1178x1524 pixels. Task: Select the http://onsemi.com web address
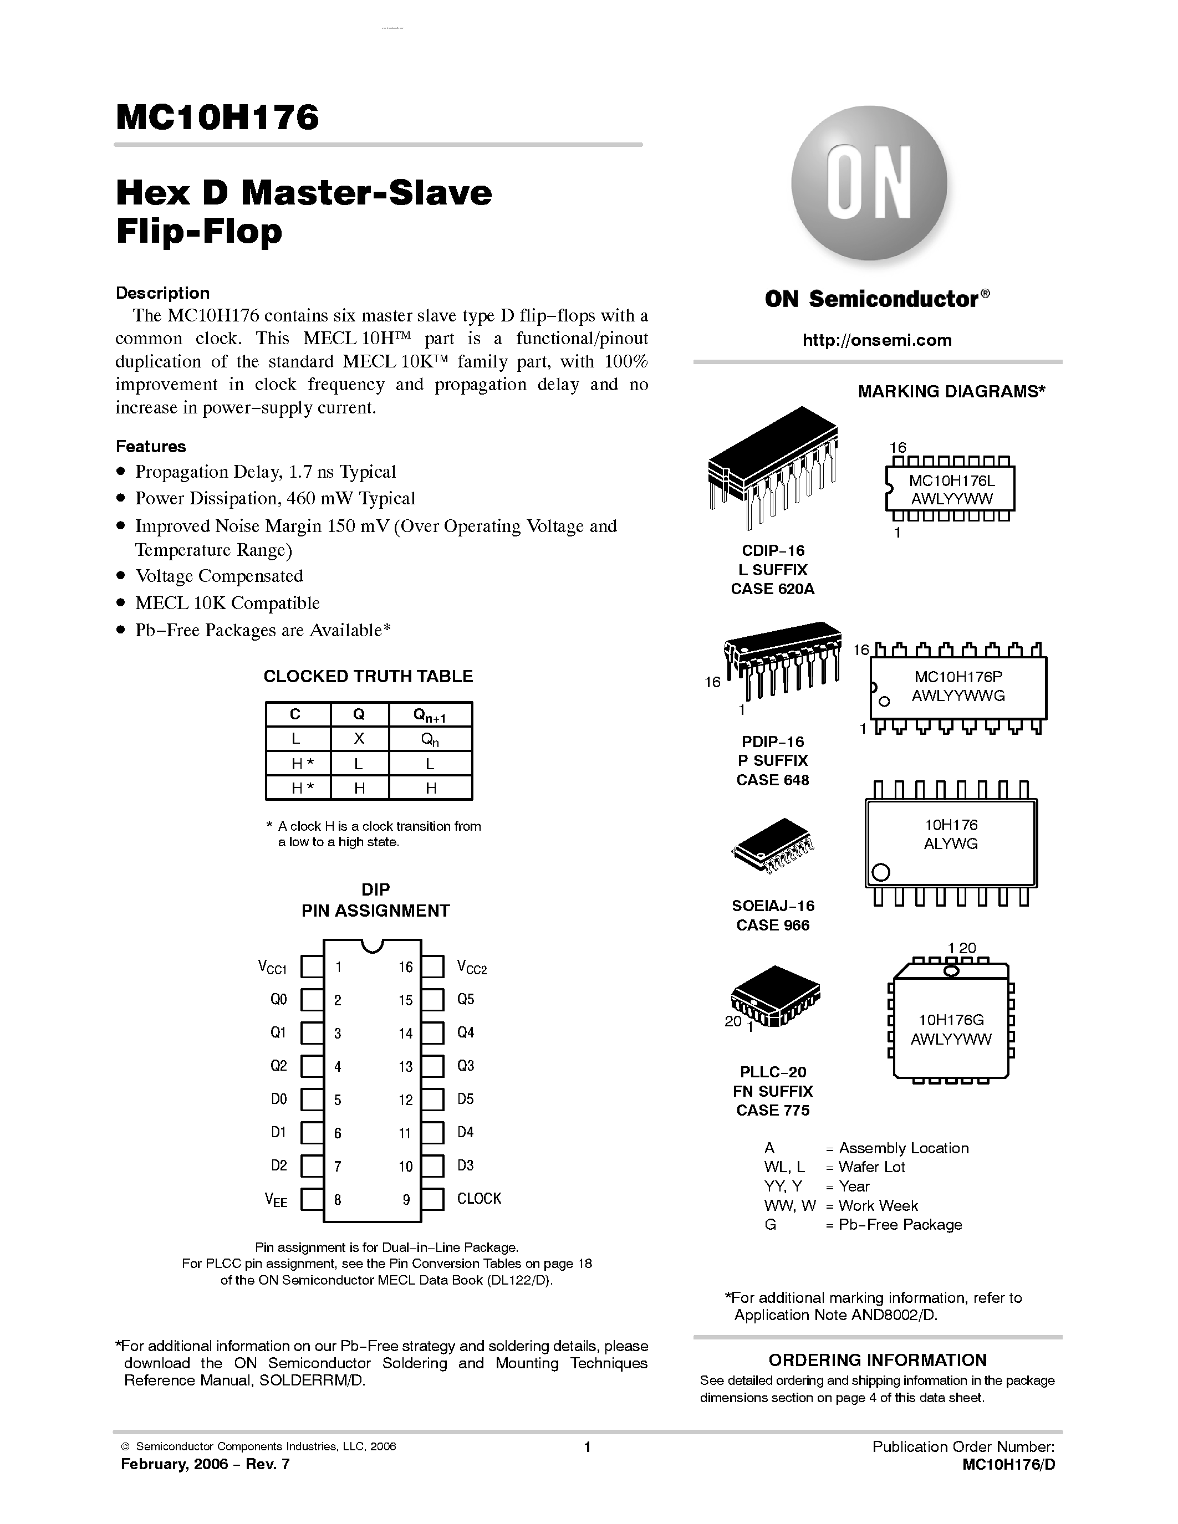pos(876,340)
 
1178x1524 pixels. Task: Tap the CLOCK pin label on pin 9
pos(479,1198)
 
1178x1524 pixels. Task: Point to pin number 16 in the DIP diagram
pos(405,967)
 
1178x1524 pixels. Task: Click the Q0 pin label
pos(278,999)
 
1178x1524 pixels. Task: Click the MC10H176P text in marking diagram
pos(958,676)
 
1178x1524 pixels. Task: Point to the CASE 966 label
pos(773,925)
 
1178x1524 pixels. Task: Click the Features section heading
pos(151,447)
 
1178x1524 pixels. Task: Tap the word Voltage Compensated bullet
pos(218,576)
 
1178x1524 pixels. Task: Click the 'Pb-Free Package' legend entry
pos(900,1225)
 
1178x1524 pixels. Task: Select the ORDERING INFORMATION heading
pos(877,1360)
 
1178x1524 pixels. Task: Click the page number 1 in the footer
pos(587,1447)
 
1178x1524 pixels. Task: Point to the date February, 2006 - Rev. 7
pos(205,1464)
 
